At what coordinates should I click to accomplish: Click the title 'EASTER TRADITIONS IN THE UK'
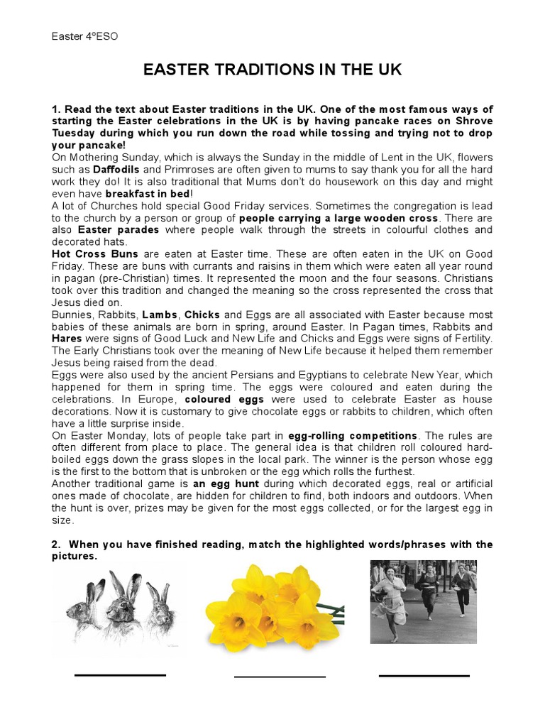pyautogui.click(x=272, y=70)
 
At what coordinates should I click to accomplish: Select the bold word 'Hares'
pyautogui.click(x=67, y=339)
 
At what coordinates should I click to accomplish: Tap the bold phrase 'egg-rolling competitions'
pyautogui.click(x=352, y=435)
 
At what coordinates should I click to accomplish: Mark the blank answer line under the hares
pyautogui.click(x=120, y=675)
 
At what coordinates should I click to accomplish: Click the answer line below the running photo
pyautogui.click(x=424, y=676)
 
